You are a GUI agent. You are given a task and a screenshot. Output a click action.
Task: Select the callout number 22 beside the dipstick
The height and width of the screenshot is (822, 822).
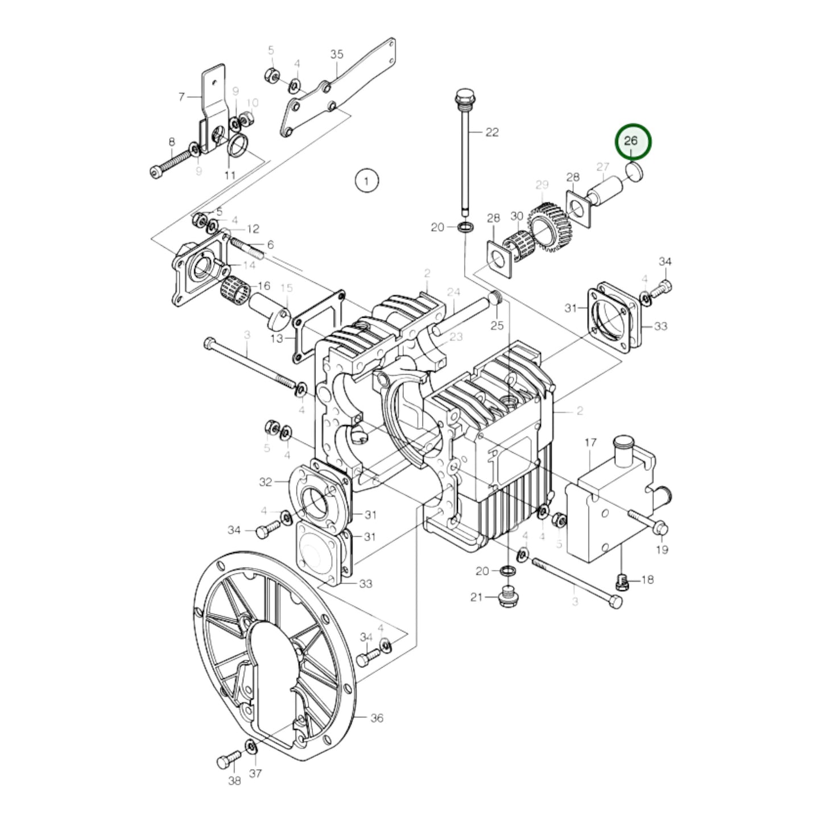[x=492, y=132]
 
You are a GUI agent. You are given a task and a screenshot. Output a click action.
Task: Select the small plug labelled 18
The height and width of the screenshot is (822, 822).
[x=623, y=581]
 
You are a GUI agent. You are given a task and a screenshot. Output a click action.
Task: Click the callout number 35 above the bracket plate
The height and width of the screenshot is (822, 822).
[x=337, y=55]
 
